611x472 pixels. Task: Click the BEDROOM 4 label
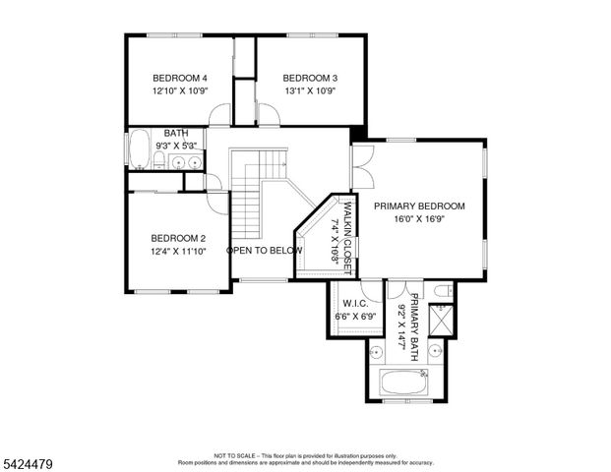pos(179,78)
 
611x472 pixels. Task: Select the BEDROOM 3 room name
pos(310,78)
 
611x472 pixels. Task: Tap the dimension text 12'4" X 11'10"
pos(178,252)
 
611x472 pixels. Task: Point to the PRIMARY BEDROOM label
pos(419,206)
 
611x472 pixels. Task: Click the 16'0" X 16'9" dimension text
pos(419,219)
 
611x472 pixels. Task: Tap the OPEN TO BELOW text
pos(265,251)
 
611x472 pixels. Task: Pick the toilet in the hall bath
pos(159,159)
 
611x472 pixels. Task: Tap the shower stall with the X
pos(442,321)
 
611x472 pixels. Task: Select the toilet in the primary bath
pos(442,290)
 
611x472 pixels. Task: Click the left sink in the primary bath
pos(377,350)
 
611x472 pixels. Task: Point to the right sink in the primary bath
pos(436,349)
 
